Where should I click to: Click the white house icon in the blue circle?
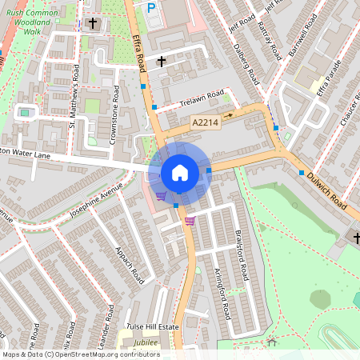(x=180, y=173)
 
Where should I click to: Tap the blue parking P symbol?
(x=151, y=7)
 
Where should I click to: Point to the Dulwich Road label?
(x=330, y=186)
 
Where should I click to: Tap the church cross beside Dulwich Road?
(x=357, y=238)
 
